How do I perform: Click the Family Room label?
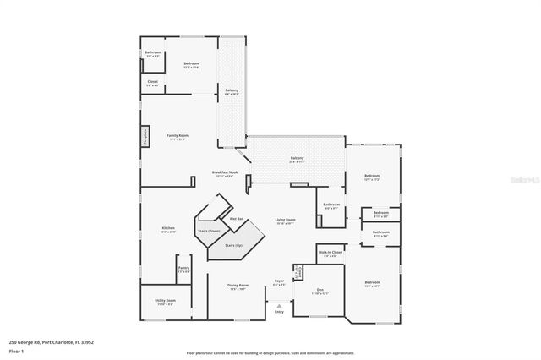pyautogui.click(x=177, y=136)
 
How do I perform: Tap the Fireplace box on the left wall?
pyautogui.click(x=145, y=137)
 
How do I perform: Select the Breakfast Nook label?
pyautogui.click(x=225, y=173)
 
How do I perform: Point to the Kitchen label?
pyautogui.click(x=168, y=229)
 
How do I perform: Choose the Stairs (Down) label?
pyautogui.click(x=209, y=230)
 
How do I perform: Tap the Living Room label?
pyautogui.click(x=285, y=221)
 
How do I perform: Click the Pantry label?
pyautogui.click(x=183, y=270)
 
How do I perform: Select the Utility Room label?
pyautogui.click(x=165, y=302)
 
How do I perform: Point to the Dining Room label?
pyautogui.click(x=238, y=286)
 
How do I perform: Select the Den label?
pyautogui.click(x=320, y=291)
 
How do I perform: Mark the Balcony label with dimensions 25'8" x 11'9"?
pyautogui.click(x=298, y=159)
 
